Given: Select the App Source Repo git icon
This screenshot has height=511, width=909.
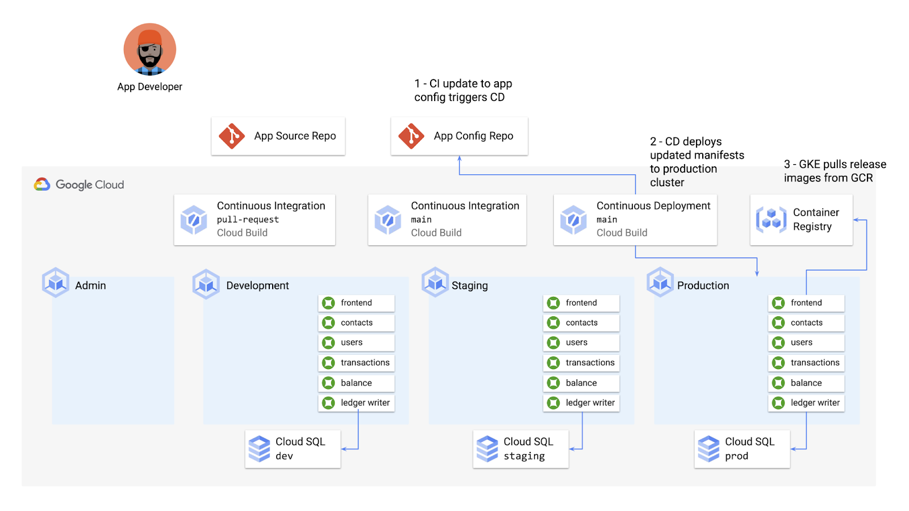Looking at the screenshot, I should (x=232, y=136).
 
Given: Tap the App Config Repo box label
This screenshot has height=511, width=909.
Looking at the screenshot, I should (x=473, y=136).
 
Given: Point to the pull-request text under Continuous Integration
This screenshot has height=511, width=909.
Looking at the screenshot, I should (x=248, y=220).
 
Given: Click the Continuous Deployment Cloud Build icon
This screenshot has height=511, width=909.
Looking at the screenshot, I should (x=573, y=220).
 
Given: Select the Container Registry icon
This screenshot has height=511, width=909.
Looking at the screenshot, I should (x=771, y=220).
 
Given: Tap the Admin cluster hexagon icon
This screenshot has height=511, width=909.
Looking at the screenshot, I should (x=56, y=282).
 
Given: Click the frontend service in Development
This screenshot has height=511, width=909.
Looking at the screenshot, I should (x=356, y=303).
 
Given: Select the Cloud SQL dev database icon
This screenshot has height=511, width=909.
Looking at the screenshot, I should (x=260, y=449).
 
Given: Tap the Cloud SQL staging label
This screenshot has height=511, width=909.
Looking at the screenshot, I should (x=528, y=449).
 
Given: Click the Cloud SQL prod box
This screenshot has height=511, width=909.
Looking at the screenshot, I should (x=742, y=449).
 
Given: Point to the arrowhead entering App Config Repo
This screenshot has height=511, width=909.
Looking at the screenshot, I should (x=460, y=159).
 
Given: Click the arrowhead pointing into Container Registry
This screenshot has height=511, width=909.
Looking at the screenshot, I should (x=856, y=220).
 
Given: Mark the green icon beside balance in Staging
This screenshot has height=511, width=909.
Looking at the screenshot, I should (x=553, y=383).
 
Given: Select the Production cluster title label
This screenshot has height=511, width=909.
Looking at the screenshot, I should (x=703, y=286).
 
